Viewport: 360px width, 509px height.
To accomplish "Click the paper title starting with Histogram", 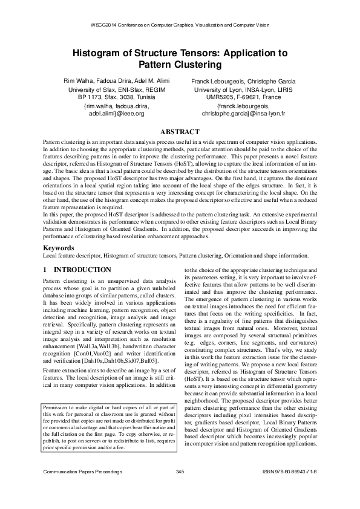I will pyautogui.click(x=180, y=58).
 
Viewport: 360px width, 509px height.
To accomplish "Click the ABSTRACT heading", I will pyautogui.click(x=179, y=132).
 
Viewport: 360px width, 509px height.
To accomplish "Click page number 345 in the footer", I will pyautogui.click(x=179, y=487).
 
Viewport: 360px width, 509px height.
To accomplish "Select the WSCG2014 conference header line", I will pyautogui.click(x=179, y=25).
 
